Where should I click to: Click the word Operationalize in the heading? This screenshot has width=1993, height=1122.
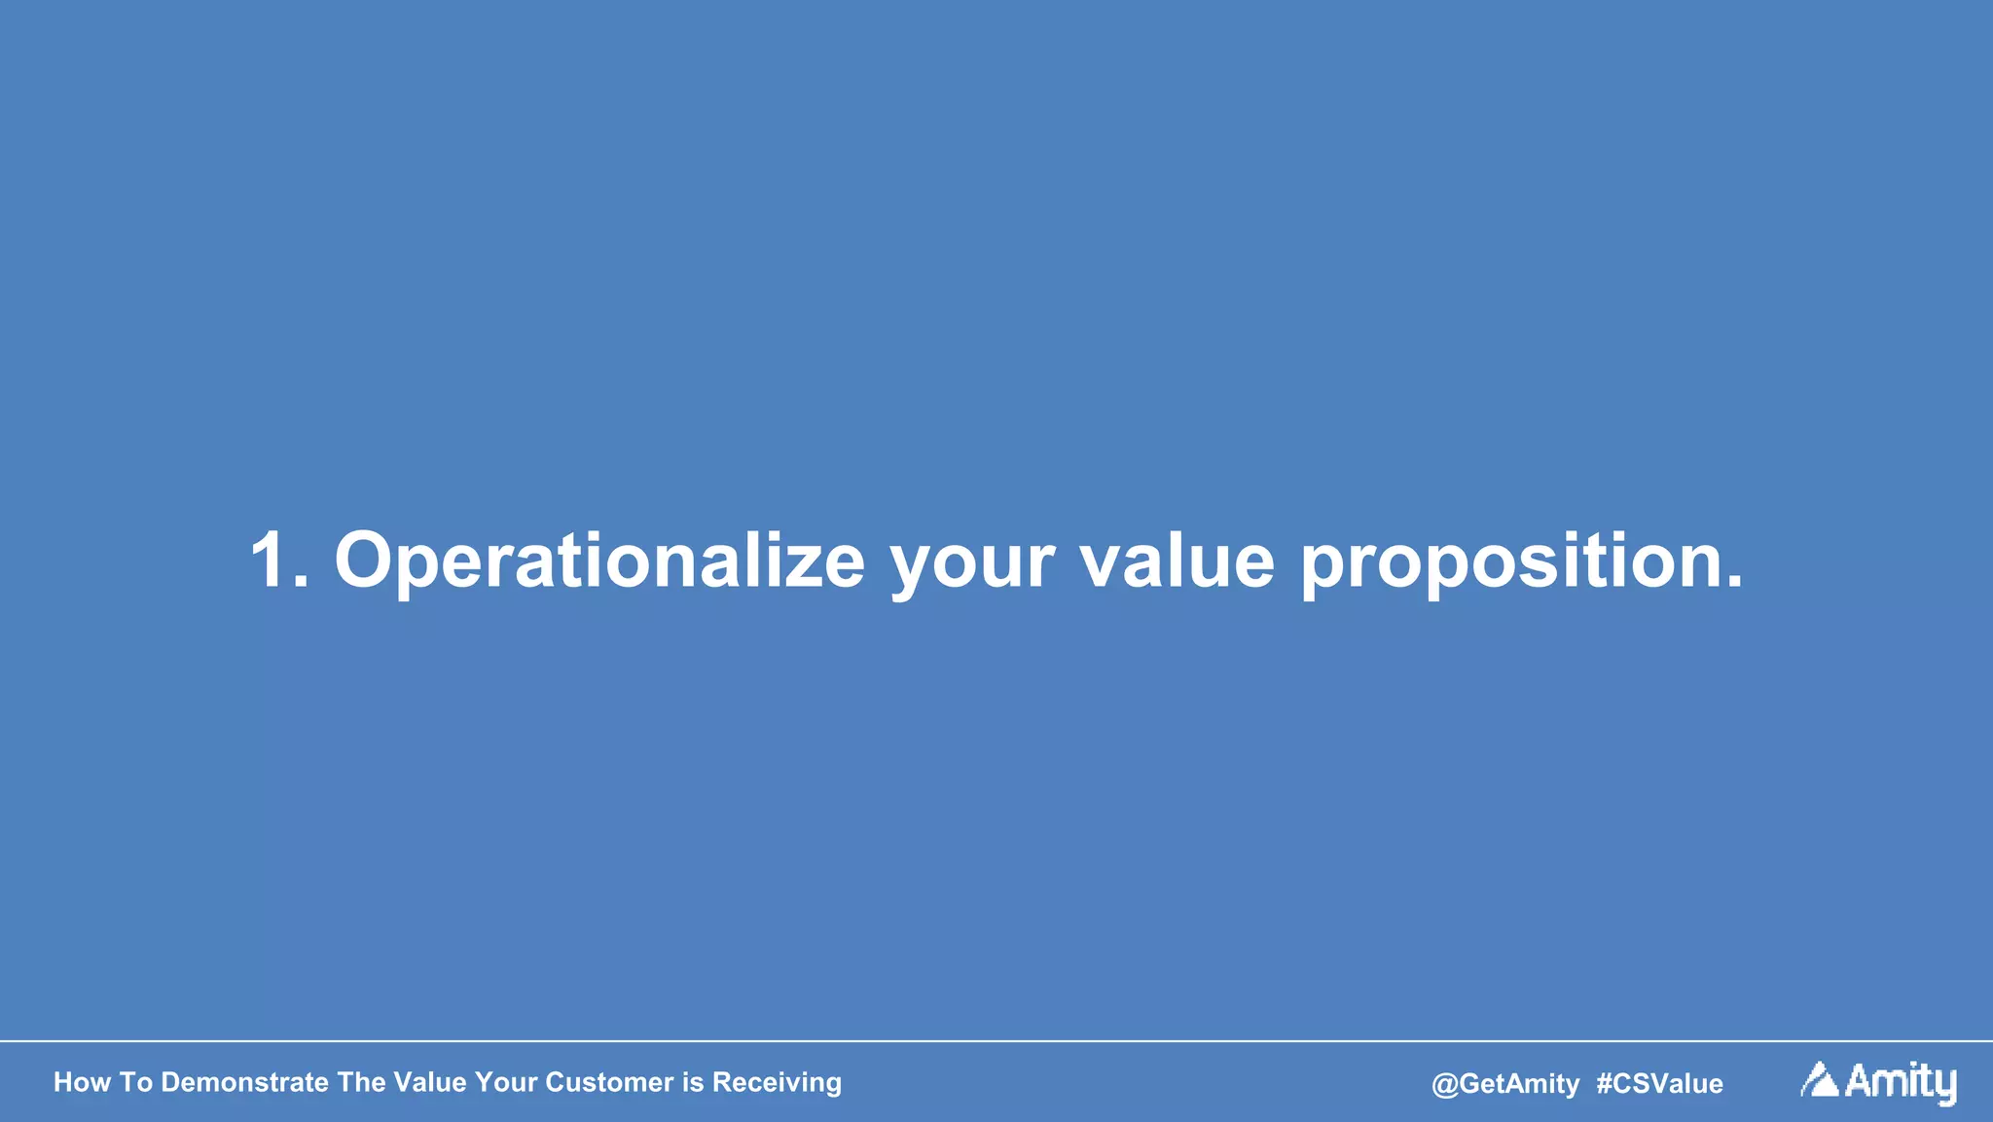click(598, 562)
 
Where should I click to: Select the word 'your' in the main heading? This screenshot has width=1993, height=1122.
click(971, 564)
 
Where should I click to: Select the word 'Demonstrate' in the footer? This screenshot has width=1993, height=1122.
click(244, 1082)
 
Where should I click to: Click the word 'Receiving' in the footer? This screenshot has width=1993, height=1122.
click(777, 1082)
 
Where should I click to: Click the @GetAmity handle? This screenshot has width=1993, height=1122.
click(1505, 1083)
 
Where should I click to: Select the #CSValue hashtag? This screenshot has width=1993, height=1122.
click(1659, 1083)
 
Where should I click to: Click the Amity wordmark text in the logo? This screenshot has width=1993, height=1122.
click(1901, 1082)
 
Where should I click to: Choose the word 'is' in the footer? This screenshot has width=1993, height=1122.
click(692, 1082)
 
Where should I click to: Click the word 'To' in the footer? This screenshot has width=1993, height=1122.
click(136, 1082)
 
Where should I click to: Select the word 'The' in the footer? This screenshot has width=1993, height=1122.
click(361, 1082)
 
